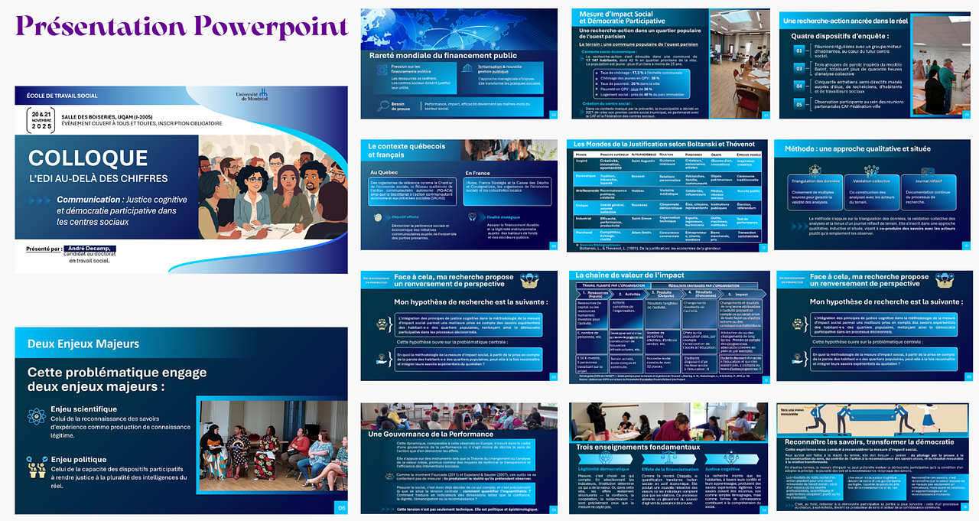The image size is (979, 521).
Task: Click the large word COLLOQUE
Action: coord(88,158)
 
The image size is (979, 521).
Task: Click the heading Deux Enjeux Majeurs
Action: coord(83,344)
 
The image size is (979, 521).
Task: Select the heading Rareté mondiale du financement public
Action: coord(432,56)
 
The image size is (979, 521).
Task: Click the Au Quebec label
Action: coord(384,173)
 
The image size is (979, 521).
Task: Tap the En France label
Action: coord(478,173)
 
